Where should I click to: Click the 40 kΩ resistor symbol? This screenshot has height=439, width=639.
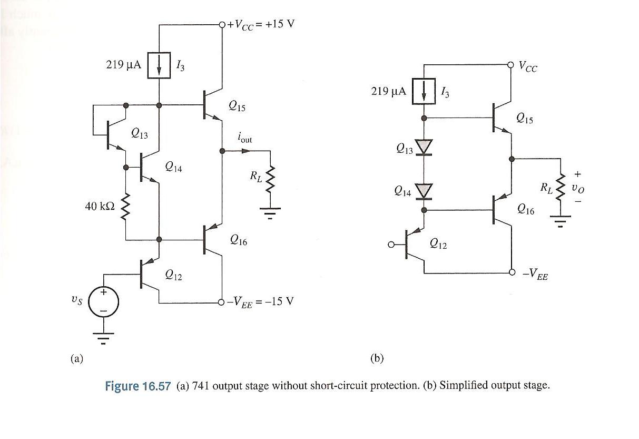click(x=125, y=207)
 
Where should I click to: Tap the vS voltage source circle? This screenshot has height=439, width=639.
click(x=103, y=302)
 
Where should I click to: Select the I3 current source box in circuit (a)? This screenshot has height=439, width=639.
click(x=159, y=66)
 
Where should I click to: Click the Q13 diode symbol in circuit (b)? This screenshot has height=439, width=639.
click(x=424, y=147)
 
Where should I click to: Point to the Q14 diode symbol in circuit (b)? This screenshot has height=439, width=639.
click(x=424, y=191)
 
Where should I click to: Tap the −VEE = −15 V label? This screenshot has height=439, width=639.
click(x=260, y=302)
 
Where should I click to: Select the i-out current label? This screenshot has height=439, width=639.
click(x=245, y=139)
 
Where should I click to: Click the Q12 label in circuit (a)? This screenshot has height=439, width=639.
click(x=173, y=275)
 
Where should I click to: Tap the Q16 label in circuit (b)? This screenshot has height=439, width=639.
click(x=525, y=210)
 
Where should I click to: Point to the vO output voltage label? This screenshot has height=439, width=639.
click(x=578, y=188)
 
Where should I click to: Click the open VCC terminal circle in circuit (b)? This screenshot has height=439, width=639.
click(x=510, y=65)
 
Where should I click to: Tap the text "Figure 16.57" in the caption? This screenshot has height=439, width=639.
click(x=138, y=386)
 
